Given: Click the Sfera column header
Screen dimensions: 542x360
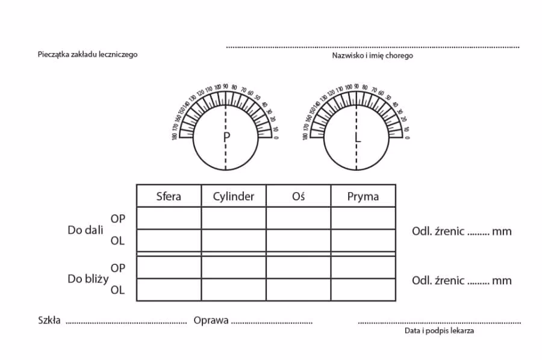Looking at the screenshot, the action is pos(169,196).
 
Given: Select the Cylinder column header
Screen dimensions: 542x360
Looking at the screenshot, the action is pos(233,197).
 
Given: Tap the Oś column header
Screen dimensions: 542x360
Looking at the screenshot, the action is pos(298,196).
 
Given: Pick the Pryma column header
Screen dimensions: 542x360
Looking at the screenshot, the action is pos(363,197).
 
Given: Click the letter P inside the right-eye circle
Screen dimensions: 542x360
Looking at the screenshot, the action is pos(226,137).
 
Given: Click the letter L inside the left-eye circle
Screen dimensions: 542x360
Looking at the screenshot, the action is pos(358,138).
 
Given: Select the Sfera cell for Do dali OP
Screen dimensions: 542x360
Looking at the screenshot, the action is pos(169,218).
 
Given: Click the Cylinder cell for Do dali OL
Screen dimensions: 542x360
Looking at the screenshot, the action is pos(234,240).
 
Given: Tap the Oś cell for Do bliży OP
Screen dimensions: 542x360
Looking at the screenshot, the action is pos(298,267).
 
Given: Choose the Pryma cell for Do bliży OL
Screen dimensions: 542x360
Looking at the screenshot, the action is pos(363,290).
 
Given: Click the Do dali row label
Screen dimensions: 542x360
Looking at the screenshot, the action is pos(86,230).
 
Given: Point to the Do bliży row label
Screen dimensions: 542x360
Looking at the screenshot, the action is pos(88,279).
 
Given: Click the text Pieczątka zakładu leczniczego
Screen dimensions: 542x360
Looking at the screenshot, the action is pos(87,54).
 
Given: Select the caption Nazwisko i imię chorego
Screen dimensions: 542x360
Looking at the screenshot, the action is pos(372,55).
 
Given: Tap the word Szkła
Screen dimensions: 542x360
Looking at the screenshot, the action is pos(49,320).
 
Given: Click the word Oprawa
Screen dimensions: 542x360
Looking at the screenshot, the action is pos(211,320).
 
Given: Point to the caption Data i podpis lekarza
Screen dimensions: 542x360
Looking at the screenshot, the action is pos(439,331).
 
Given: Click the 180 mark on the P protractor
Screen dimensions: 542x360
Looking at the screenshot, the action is pos(175,137).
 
